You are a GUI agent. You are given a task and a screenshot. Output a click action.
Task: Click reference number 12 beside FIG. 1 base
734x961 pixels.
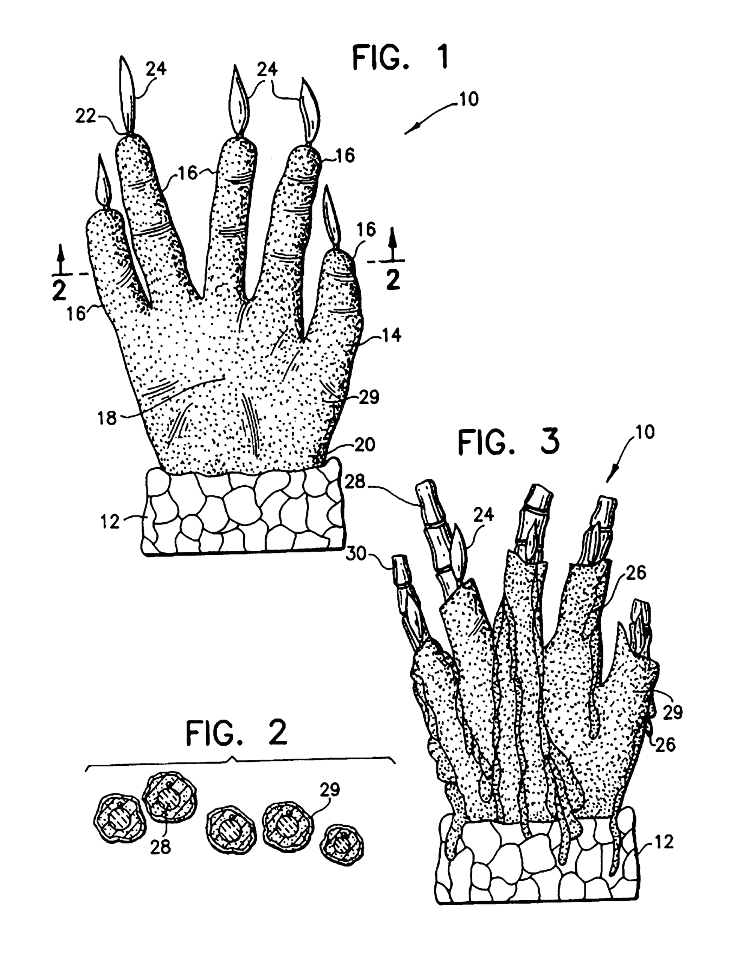(x=110, y=521)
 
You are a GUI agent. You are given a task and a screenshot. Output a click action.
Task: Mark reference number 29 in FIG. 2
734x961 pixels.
(x=330, y=789)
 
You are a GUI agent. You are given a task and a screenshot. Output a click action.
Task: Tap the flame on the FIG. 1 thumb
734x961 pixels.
(x=332, y=216)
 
